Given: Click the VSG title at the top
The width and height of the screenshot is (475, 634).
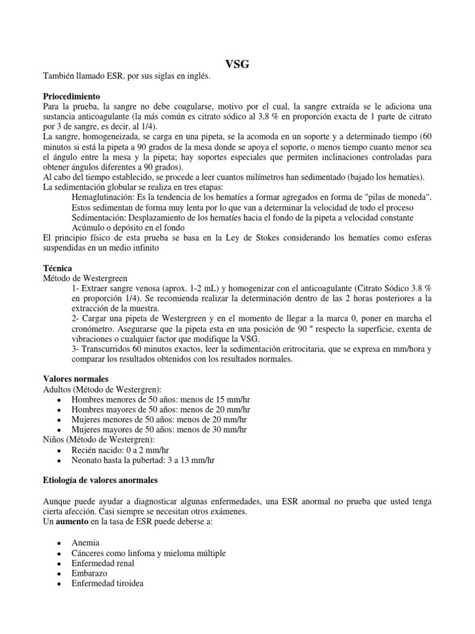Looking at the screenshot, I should [x=237, y=64].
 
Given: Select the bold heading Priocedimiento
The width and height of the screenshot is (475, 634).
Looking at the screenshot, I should [x=71, y=97].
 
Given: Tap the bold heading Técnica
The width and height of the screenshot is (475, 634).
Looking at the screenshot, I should [x=57, y=267].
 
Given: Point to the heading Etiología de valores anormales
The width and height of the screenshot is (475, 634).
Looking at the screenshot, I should [x=100, y=480].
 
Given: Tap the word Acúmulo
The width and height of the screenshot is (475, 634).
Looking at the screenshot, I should [x=89, y=227].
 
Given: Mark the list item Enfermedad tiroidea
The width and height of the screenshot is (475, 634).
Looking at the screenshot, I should [x=107, y=583].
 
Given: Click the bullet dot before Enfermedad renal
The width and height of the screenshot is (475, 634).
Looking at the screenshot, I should [x=58, y=563].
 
